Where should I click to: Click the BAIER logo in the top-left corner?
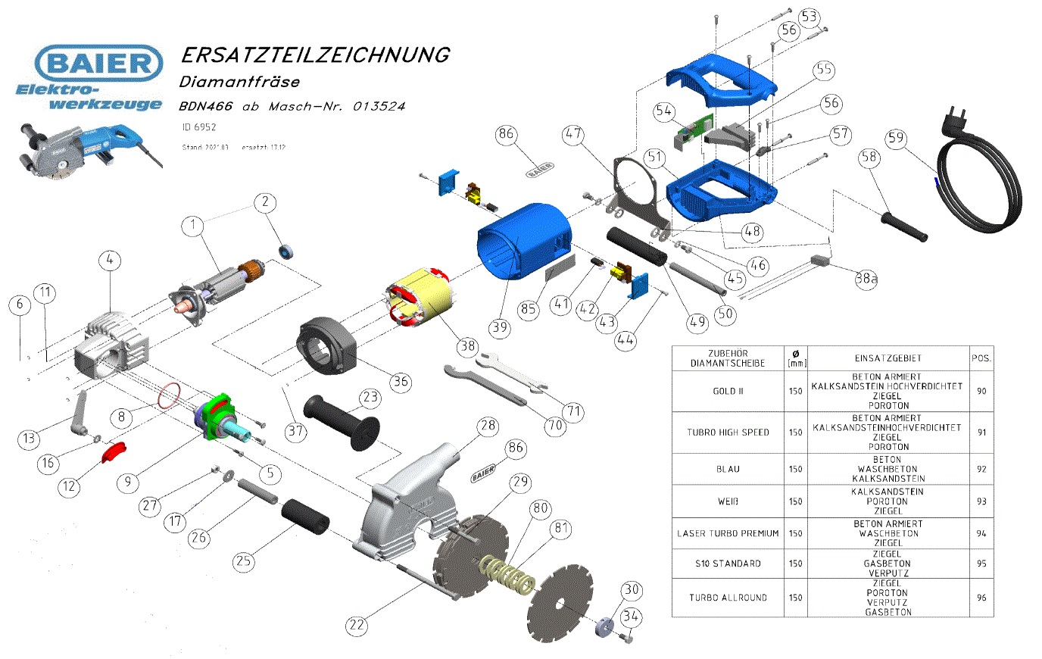[x=98, y=63]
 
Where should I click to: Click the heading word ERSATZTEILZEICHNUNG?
[x=314, y=55]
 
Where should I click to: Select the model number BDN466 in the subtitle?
[x=206, y=106]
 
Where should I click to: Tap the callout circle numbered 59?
[x=897, y=138]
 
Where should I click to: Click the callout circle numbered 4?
[x=110, y=261]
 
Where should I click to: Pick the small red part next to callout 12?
[x=114, y=451]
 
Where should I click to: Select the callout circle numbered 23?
[x=370, y=397]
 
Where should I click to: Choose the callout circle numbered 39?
[x=499, y=327]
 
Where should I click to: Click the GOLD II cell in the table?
[x=728, y=391]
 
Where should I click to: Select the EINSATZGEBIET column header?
[x=888, y=358]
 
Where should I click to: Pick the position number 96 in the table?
[x=981, y=598]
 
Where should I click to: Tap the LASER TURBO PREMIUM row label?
[x=728, y=533]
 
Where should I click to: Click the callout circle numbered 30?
[x=632, y=590]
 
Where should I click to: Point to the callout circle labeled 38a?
[x=866, y=279]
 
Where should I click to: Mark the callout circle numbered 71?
[x=574, y=411]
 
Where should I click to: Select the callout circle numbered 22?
[x=357, y=625]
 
